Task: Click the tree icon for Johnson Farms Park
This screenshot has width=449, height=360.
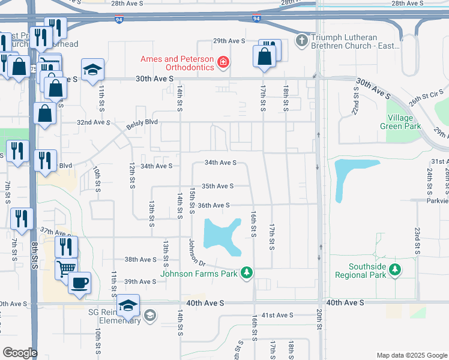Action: [246, 274]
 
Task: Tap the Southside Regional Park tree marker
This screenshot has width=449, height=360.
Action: [394, 271]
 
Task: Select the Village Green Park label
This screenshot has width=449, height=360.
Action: [400, 122]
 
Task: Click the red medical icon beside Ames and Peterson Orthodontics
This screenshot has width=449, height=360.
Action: [223, 62]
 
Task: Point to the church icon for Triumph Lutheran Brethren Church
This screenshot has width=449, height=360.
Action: [301, 41]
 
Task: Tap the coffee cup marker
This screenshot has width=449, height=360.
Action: [79, 283]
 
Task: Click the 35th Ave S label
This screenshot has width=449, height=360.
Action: [217, 187]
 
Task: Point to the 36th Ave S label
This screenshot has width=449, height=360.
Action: [214, 205]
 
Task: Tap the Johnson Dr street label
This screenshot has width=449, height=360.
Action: [197, 254]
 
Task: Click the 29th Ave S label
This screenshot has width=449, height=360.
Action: [229, 41]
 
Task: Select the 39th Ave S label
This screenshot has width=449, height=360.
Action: [140, 281]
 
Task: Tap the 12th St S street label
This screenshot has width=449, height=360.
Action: [131, 174]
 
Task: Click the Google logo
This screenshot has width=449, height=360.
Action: [20, 353]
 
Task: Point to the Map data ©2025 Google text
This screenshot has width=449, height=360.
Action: [412, 355]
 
